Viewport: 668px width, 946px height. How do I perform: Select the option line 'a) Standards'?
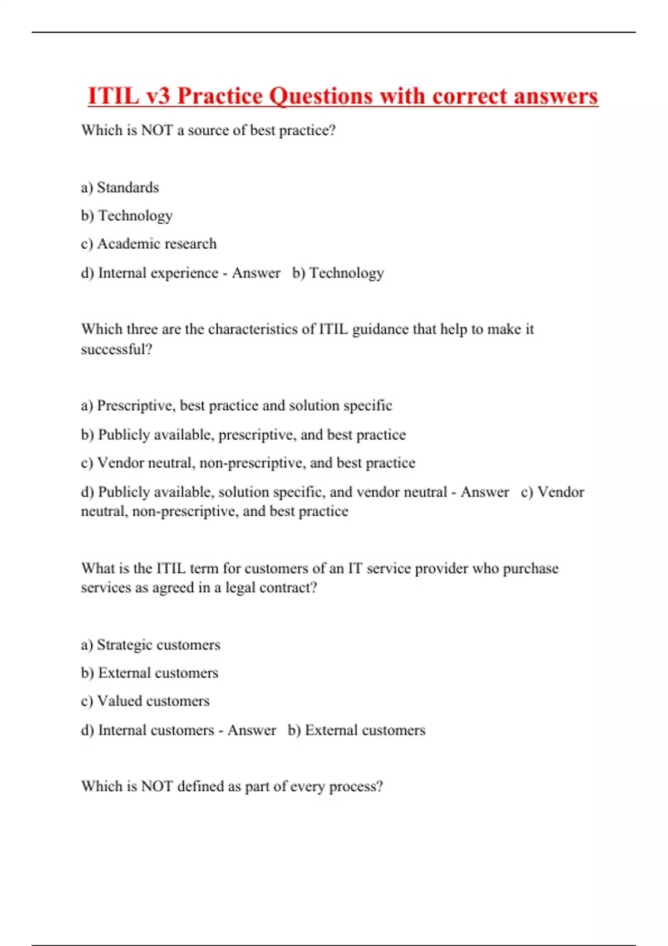(120, 188)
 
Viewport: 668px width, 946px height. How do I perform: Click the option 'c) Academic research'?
(149, 244)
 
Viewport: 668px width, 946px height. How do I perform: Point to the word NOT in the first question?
(157, 130)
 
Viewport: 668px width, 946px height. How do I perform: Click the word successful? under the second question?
(116, 349)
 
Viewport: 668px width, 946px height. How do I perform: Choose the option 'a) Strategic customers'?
(150, 645)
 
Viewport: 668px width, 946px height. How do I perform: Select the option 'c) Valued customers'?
(145, 701)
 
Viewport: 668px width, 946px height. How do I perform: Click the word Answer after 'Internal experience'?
(256, 273)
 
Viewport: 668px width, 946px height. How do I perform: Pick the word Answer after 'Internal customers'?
(252, 730)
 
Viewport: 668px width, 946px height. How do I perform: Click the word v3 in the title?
(158, 96)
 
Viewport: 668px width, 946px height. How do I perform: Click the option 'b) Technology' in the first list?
(127, 216)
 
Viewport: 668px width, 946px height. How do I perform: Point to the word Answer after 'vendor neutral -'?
(484, 492)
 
